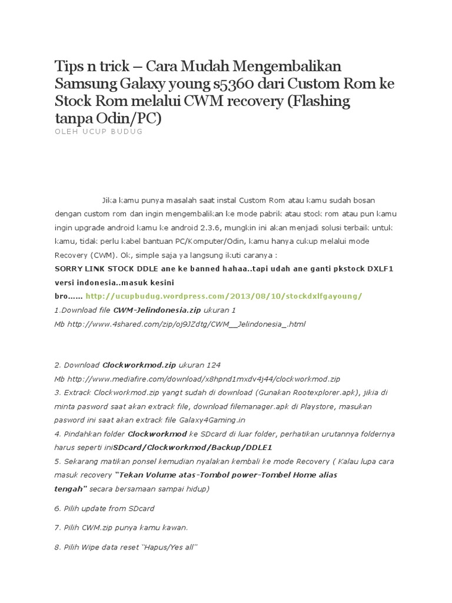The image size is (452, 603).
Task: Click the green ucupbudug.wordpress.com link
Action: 224,296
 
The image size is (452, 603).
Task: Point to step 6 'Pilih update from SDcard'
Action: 104,508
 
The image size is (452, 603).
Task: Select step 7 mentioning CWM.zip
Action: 121,528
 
